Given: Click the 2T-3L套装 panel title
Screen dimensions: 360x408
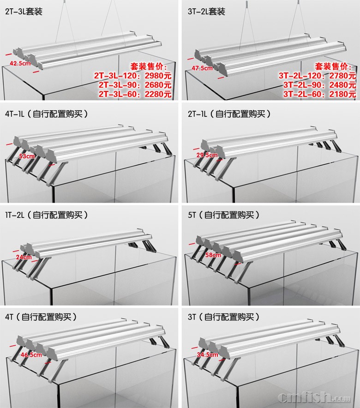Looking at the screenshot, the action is click(24, 12).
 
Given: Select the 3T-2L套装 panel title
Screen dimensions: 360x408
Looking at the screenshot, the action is click(206, 12).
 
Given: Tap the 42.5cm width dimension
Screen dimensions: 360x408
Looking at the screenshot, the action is click(20, 63).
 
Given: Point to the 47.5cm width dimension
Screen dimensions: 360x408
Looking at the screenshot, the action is click(202, 68).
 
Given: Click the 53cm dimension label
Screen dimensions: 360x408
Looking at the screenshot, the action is click(27, 156).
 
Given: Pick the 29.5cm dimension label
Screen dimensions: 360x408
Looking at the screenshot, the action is click(207, 155).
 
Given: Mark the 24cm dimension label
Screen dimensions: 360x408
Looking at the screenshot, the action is click(24, 257).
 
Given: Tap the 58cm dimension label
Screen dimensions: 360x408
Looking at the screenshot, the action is click(213, 255).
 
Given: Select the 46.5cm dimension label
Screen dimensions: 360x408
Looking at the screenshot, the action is click(31, 354).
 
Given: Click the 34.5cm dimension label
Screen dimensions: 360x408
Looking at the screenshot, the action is click(207, 354).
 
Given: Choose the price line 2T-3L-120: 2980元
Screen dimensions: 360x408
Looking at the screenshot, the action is click(132, 76).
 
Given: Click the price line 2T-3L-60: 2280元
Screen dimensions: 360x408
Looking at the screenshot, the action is click(135, 94).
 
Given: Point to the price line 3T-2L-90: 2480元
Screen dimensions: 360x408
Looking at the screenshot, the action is click(319, 85).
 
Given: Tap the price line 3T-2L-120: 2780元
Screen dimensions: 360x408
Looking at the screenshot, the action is click(317, 76).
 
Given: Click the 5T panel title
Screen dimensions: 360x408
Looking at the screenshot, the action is click(224, 215).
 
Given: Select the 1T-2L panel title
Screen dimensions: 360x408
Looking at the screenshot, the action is click(47, 215).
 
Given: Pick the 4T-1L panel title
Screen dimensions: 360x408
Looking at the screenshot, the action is click(47, 114).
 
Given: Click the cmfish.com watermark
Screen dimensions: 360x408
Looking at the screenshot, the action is click(314, 397).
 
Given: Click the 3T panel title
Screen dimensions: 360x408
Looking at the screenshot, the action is click(224, 317).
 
